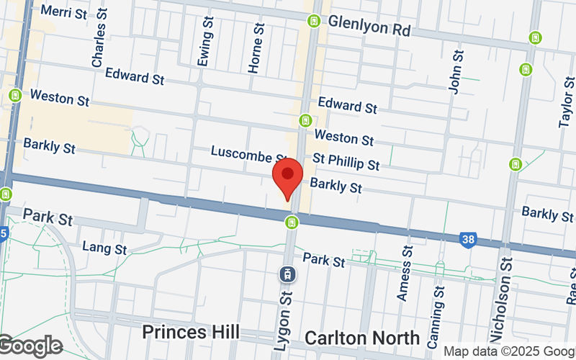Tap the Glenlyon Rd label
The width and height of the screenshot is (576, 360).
point(369,27)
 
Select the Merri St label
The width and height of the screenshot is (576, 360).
point(65,12)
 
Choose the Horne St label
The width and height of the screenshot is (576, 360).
point(255,48)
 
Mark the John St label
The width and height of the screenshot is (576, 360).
point(455,72)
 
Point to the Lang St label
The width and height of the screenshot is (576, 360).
point(104,248)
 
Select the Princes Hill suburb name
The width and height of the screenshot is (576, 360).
point(190,332)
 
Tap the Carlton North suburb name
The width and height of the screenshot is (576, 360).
point(362,338)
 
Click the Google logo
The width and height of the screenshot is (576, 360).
point(30,346)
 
